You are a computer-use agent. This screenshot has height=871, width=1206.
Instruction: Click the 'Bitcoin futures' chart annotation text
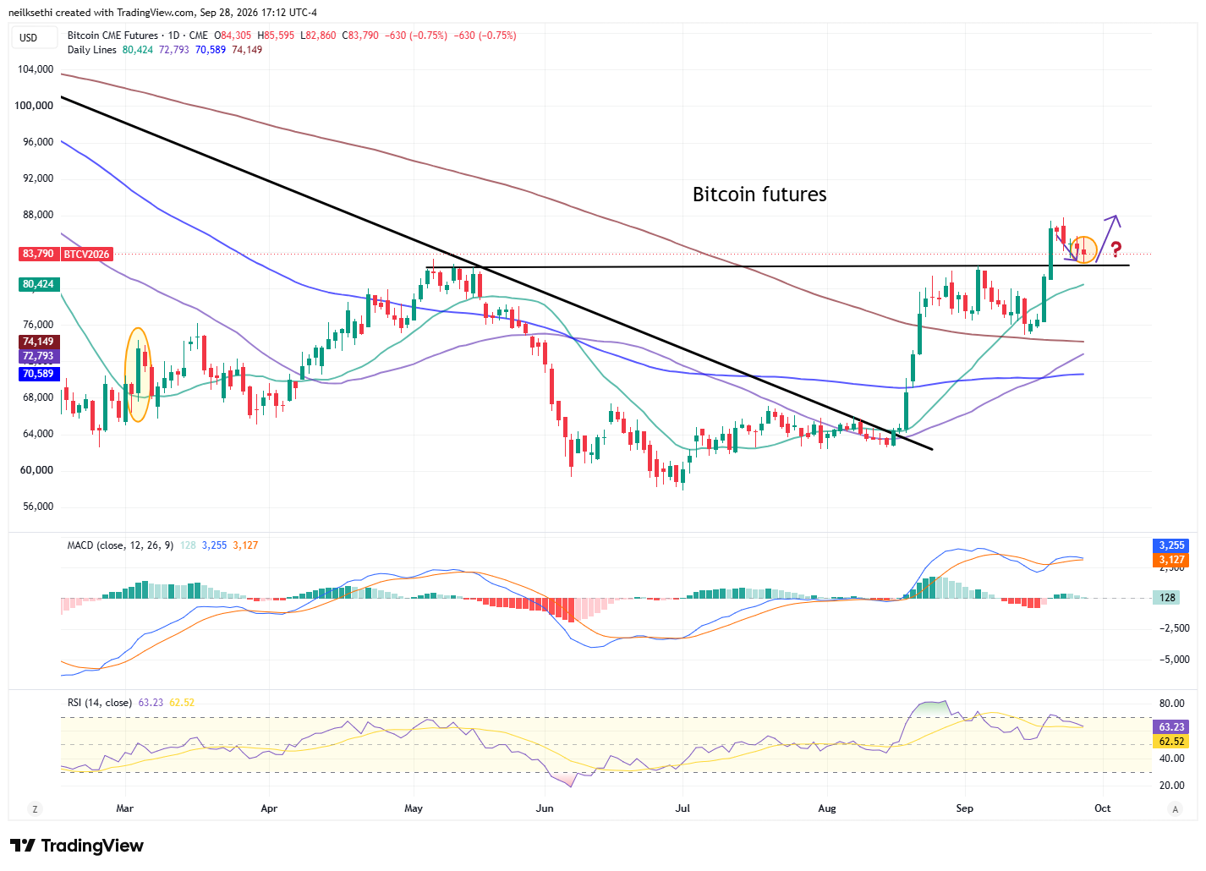click(x=759, y=194)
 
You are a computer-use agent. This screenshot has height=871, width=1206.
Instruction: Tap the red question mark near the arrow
click(x=1116, y=249)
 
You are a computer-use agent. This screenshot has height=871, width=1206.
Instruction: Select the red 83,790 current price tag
click(x=38, y=254)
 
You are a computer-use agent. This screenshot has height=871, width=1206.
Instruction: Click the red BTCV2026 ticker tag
click(x=86, y=254)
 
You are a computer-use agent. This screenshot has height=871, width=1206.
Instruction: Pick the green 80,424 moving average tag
click(x=38, y=284)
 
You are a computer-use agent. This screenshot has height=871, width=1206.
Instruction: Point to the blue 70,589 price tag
click(x=38, y=374)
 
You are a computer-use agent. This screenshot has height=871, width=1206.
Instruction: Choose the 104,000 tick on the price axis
click(x=36, y=69)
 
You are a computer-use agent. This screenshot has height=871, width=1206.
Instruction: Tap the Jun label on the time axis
click(x=545, y=808)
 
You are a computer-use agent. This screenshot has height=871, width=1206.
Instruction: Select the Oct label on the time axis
click(x=1103, y=808)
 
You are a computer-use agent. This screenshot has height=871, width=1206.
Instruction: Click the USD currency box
click(x=29, y=38)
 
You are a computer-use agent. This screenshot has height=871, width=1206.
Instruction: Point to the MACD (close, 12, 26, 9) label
click(x=120, y=545)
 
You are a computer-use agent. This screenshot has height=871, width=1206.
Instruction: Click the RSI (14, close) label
click(x=100, y=703)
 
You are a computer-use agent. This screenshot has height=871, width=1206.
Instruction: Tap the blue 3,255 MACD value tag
click(x=1171, y=545)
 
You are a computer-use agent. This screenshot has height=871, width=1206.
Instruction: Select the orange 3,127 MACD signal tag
click(x=1171, y=560)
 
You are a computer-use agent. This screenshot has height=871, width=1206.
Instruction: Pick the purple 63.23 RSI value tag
click(x=1171, y=727)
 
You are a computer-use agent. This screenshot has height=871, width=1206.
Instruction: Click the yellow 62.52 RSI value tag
click(x=1171, y=742)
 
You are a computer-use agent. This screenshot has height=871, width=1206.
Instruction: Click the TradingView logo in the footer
click(x=76, y=846)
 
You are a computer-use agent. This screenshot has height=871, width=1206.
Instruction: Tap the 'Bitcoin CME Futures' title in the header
click(x=112, y=36)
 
